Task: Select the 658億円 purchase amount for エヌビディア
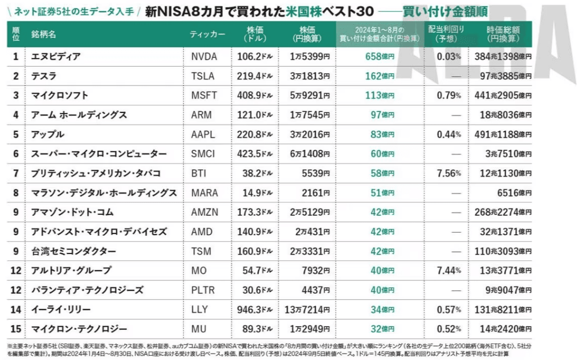[x=376, y=57]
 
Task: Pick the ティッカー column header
[x=208, y=34]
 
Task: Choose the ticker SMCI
[x=203, y=154]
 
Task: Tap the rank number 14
[x=16, y=309]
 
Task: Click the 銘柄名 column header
[x=44, y=34]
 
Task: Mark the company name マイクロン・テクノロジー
[x=79, y=329]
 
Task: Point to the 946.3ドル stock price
[x=255, y=309]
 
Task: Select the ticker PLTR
[x=203, y=290]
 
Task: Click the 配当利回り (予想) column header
[x=446, y=34]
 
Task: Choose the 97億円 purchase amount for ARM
[x=379, y=115]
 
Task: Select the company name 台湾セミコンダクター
[x=73, y=251]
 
